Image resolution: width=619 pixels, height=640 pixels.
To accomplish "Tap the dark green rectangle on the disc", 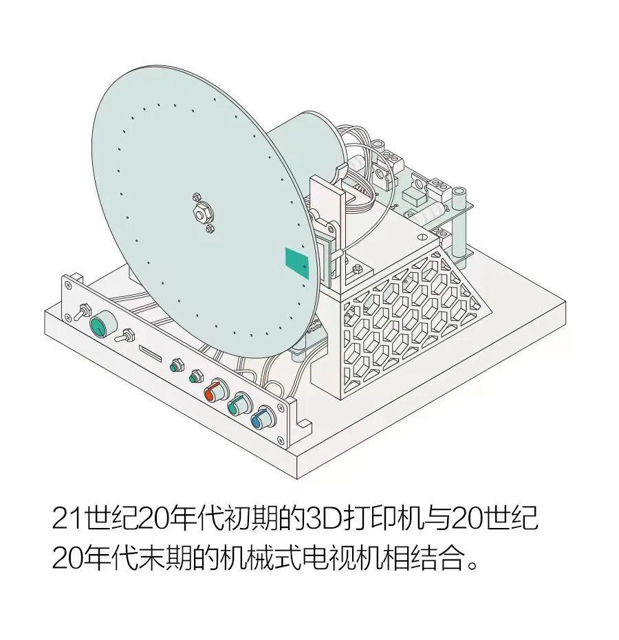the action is click(297, 263).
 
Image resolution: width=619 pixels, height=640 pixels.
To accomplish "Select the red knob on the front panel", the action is click(216, 390).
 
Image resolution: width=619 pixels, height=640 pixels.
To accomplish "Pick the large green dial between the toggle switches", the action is click(102, 322).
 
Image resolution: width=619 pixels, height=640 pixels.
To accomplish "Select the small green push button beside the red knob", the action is click(195, 375).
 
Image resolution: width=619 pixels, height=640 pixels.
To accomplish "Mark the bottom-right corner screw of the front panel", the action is click(281, 439).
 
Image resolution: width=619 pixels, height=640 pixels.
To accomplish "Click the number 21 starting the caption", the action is click(67, 519).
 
